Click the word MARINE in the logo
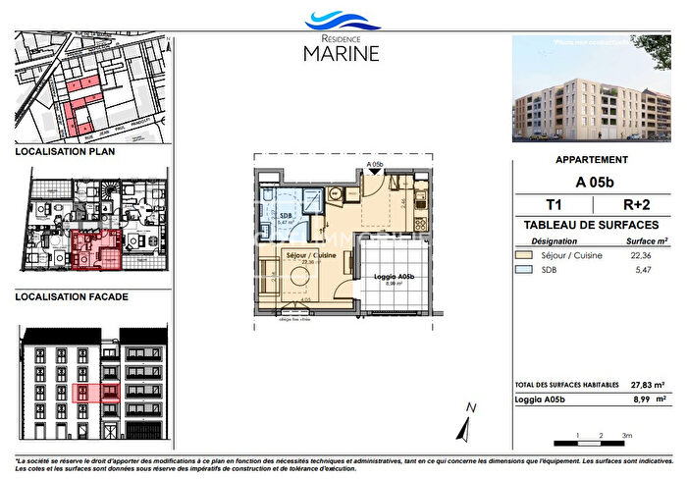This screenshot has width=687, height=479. coord(341,52)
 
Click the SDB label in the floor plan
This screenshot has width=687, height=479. coord(286,214)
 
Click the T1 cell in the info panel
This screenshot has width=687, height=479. coord(554,205)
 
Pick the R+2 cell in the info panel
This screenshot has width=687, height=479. coord(635,205)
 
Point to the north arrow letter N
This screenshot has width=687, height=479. coord(471,406)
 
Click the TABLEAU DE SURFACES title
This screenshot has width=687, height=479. coord(592,226)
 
